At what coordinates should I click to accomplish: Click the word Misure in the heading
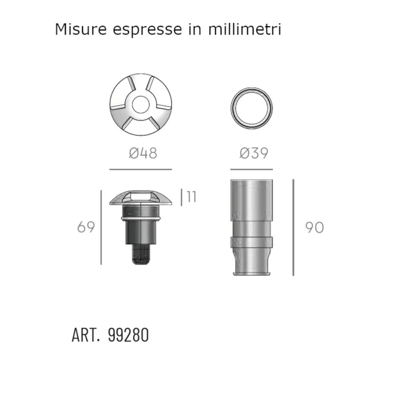point(81,29)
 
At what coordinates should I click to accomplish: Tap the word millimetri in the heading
point(245,29)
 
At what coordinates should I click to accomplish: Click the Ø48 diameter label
point(143,153)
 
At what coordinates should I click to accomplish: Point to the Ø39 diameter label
point(254,153)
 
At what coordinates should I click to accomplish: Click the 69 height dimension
point(86,227)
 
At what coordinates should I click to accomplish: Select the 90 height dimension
point(314,227)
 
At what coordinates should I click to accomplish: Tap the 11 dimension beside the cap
point(191,197)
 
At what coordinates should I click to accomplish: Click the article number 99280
point(128,335)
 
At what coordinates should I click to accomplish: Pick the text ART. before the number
point(86,335)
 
